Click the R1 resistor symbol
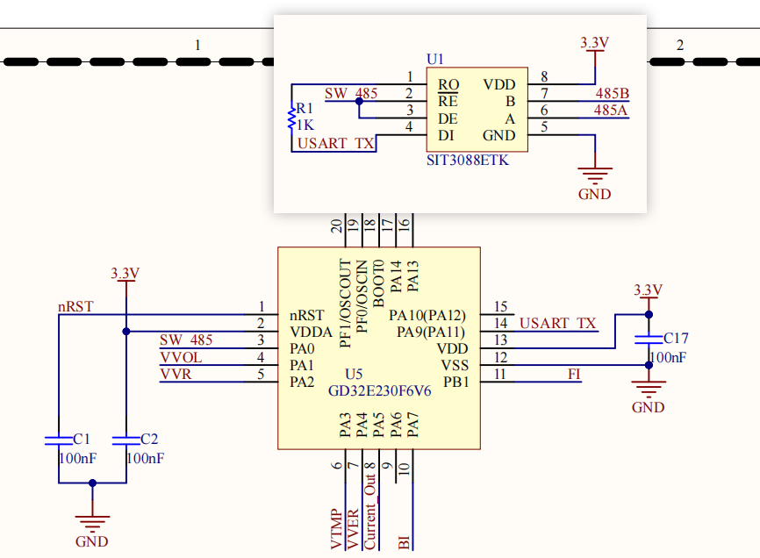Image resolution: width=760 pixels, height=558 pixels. tap(292, 117)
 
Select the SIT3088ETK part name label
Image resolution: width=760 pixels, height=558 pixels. tap(467, 161)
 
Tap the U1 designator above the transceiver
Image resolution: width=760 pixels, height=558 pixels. tap(435, 59)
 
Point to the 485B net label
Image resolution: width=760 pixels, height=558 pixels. tap(611, 94)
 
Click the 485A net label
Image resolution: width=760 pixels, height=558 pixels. tap(611, 111)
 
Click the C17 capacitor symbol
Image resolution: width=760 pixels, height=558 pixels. tap(649, 337)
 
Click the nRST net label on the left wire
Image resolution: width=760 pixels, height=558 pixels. tap(75, 307)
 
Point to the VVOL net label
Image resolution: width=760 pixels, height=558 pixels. tap(181, 357)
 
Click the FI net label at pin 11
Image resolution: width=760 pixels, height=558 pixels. tap(574, 375)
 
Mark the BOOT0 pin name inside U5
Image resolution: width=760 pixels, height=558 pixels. tap(379, 282)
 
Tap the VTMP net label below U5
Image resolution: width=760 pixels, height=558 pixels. tap(336, 529)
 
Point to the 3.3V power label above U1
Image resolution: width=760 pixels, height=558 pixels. tap(595, 42)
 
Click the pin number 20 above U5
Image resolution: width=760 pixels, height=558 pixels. tap(337, 225)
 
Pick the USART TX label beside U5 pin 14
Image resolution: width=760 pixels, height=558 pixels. tap(558, 324)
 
